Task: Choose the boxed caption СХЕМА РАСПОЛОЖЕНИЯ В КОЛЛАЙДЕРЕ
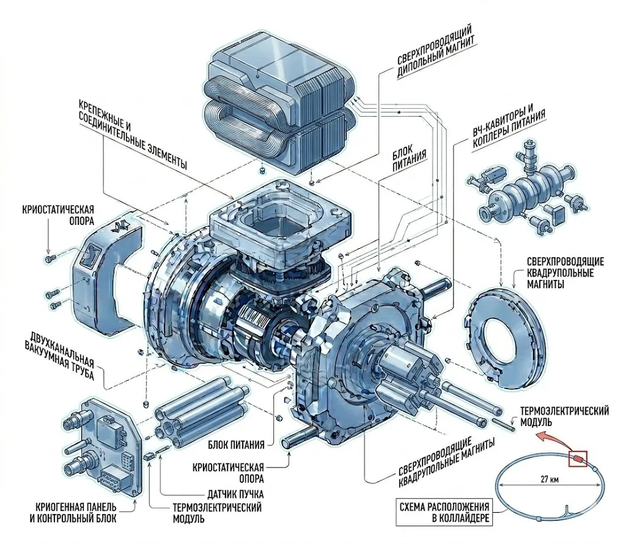pyautogui.click(x=444, y=513)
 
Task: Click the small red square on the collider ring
pyautogui.click(x=578, y=458)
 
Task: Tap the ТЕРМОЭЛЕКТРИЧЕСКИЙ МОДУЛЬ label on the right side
pyautogui.click(x=564, y=416)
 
